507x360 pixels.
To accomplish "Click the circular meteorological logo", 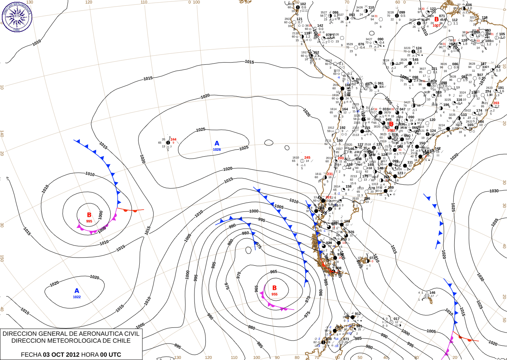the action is pyautogui.click(x=17, y=16).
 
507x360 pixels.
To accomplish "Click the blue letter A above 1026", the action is pyautogui.click(x=217, y=143).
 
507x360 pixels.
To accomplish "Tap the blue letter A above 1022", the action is pyautogui.click(x=77, y=291).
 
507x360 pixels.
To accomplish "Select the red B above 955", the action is pyautogui.click(x=275, y=288).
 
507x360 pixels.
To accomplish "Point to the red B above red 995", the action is pyautogui.click(x=89, y=215).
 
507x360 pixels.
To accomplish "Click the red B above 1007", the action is pyautogui.click(x=436, y=20).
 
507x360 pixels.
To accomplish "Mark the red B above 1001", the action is pyautogui.click(x=391, y=124).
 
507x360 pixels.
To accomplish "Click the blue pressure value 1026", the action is pyautogui.click(x=217, y=150).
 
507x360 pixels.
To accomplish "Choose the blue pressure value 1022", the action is pyautogui.click(x=77, y=297).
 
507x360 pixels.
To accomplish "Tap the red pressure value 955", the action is pyautogui.click(x=275, y=295).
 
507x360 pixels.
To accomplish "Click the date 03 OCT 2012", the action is pyautogui.click(x=61, y=355).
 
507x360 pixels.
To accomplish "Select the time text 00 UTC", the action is pyautogui.click(x=111, y=355).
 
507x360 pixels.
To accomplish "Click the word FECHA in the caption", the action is pyautogui.click(x=31, y=355).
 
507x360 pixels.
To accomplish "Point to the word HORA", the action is pyautogui.click(x=90, y=355).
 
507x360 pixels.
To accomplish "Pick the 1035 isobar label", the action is pyautogui.click(x=495, y=222).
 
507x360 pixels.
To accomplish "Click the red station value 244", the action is pyautogui.click(x=173, y=139).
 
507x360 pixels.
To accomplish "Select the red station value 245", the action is pyautogui.click(x=307, y=158).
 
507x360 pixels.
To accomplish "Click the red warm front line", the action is pyautogui.click(x=130, y=210).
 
